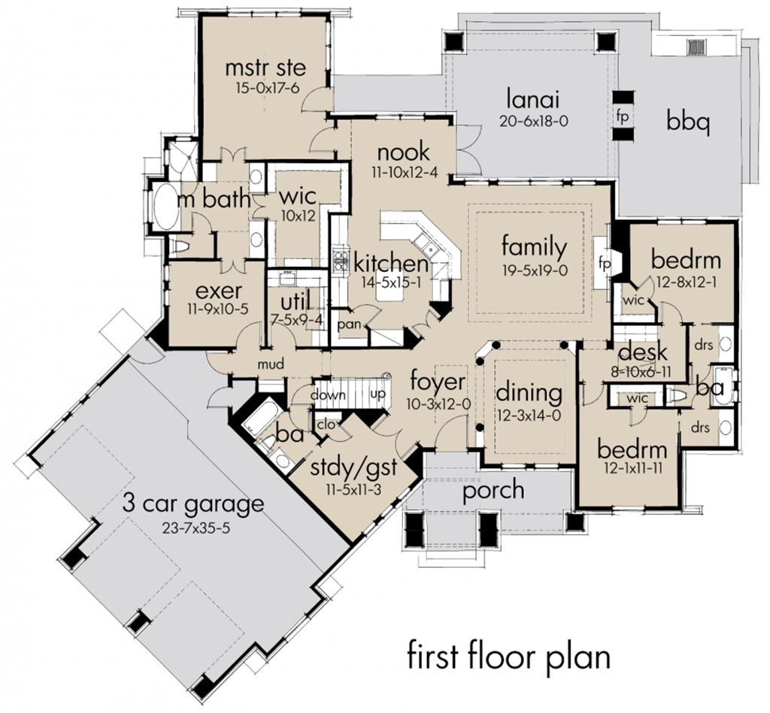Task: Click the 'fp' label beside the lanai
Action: pos(623,116)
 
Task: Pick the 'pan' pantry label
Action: pos(348,324)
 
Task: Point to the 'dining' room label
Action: pos(529,392)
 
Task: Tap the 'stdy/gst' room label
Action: pos(353,470)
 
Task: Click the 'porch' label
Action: pos(493,490)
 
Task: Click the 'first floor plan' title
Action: pos(508,656)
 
